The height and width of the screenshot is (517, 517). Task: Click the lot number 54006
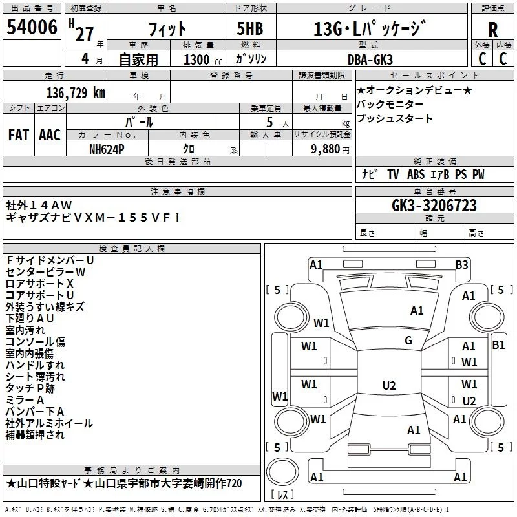click(x=32, y=28)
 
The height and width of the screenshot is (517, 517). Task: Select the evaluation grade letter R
click(x=492, y=30)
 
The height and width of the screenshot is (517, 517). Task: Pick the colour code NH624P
click(x=107, y=149)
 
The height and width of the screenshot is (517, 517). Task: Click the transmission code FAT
click(x=19, y=135)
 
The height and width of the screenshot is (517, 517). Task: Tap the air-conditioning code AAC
click(x=50, y=135)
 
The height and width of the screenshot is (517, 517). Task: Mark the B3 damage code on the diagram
click(x=461, y=264)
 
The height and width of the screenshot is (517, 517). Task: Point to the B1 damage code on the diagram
click(x=498, y=345)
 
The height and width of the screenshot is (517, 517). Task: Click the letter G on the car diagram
click(x=408, y=341)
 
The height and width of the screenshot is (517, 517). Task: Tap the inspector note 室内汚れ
click(x=26, y=330)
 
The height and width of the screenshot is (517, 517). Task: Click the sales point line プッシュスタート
click(x=394, y=119)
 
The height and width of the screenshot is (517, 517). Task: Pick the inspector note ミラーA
click(x=25, y=400)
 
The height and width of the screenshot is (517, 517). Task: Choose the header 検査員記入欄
click(x=132, y=248)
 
